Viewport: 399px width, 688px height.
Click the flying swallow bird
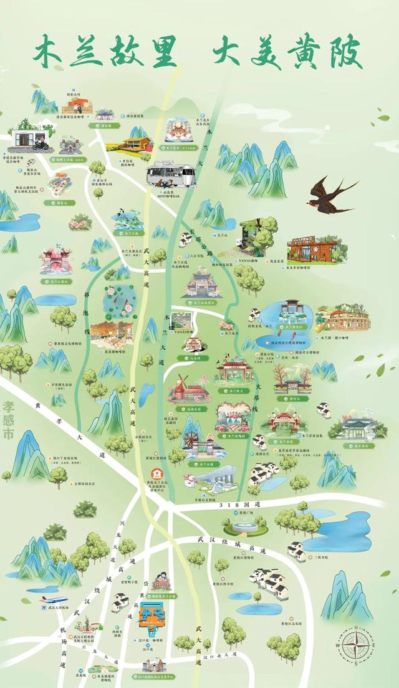(x=330, y=190)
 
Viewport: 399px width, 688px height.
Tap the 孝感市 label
(x=7, y=415)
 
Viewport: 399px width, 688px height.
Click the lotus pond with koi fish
(x=116, y=298)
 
